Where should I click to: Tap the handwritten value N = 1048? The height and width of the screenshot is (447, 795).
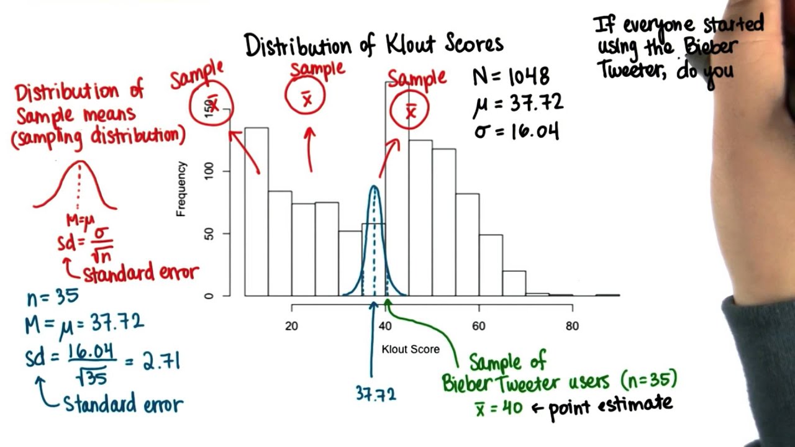(511, 76)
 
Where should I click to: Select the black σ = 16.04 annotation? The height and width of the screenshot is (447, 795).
(517, 132)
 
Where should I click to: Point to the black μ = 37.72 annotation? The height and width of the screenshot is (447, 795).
(518, 104)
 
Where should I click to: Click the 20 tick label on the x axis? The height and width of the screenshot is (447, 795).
(291, 326)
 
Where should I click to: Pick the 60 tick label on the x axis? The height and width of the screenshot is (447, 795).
(478, 326)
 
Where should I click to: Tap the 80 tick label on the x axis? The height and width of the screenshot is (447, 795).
(572, 326)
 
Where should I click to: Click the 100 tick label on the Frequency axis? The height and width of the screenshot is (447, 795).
(209, 171)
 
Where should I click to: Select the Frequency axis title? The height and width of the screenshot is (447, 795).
(181, 189)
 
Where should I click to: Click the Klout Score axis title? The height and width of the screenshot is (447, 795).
(411, 350)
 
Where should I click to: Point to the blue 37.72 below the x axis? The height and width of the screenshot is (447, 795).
(376, 394)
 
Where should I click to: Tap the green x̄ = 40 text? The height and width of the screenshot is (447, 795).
(499, 409)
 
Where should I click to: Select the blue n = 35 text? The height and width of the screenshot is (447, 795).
(53, 297)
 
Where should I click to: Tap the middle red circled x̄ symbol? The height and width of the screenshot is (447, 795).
(305, 96)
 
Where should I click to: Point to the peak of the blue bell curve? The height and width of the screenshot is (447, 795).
(374, 186)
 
